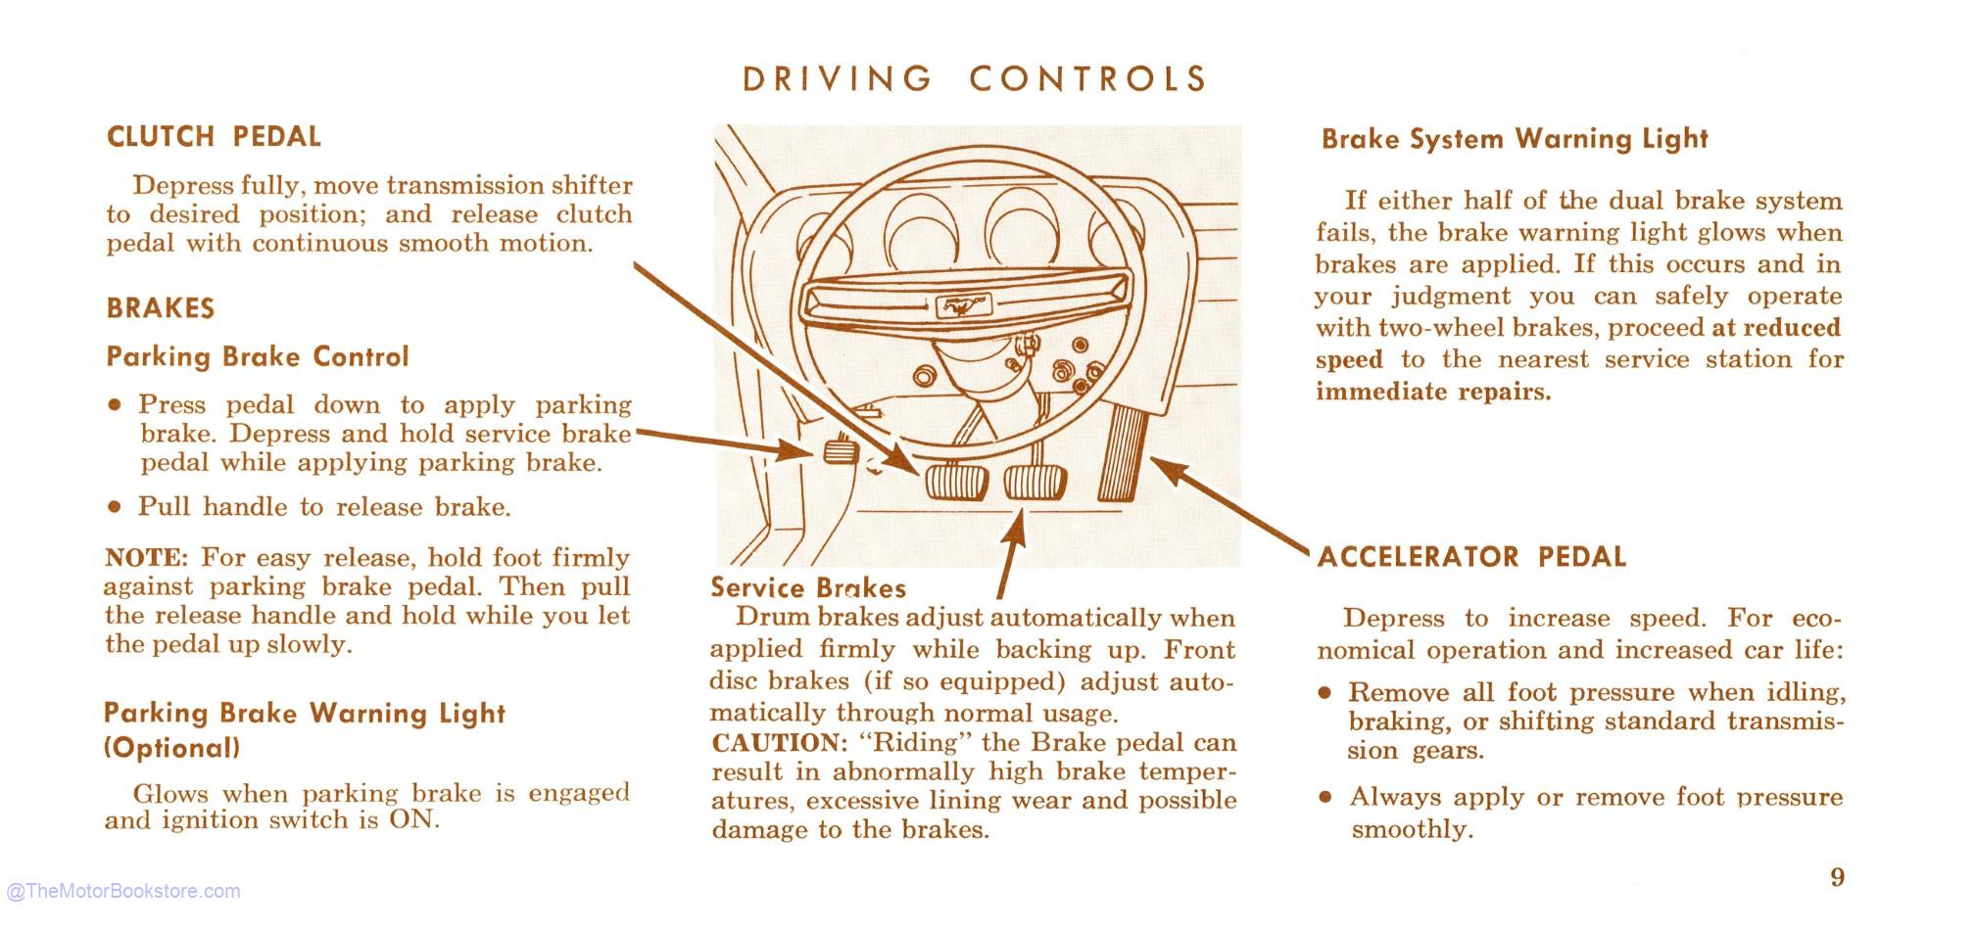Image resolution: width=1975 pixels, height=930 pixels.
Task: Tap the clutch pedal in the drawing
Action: pyautogui.click(x=956, y=482)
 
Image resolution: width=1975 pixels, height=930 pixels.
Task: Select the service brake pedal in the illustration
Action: pyautogui.click(x=1036, y=482)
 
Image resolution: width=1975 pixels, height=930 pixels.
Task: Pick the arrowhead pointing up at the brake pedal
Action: pyautogui.click(x=1016, y=526)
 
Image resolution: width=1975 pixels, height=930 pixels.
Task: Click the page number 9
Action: pyautogui.click(x=1837, y=876)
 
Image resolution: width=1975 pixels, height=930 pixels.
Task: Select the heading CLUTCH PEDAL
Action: pyautogui.click(x=214, y=137)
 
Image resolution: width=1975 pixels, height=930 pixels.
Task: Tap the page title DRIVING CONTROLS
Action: pyautogui.click(x=975, y=79)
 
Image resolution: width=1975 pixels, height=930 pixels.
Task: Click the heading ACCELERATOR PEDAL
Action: pyautogui.click(x=1471, y=557)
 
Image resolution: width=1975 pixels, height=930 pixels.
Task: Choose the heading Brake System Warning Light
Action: pyautogui.click(x=1515, y=139)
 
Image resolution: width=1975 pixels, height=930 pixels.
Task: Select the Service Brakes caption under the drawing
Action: pyautogui.click(x=808, y=587)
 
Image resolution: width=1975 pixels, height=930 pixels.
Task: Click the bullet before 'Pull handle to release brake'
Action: pyautogui.click(x=116, y=507)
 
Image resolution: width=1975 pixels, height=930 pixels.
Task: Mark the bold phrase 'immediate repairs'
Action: pyautogui.click(x=1433, y=392)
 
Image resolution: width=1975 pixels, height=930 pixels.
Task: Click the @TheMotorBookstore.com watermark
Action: pyautogui.click(x=123, y=891)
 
